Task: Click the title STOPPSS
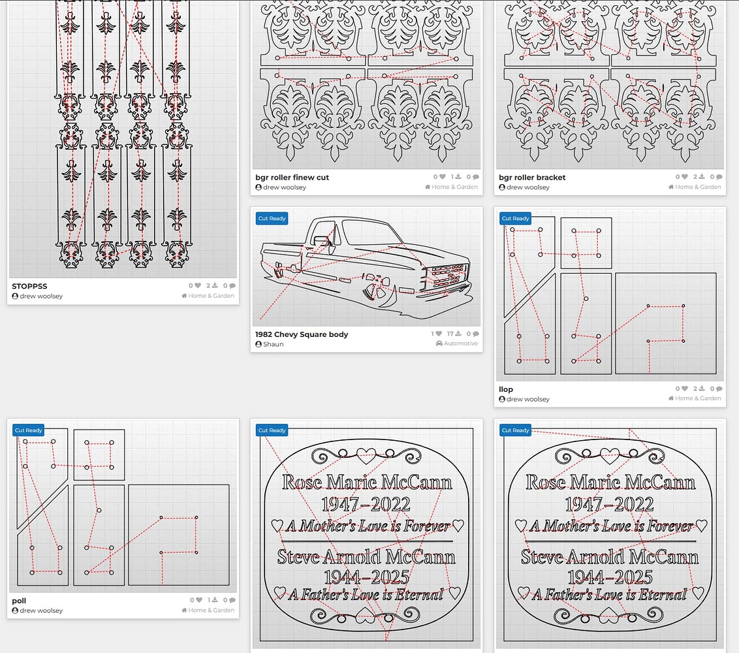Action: point(29,286)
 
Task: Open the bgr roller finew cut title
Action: point(292,178)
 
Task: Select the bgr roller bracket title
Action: point(532,178)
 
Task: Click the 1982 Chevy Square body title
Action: point(302,334)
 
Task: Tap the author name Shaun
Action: point(273,344)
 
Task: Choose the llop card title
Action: point(506,389)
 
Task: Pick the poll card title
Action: point(19,601)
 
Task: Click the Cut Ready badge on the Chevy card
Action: point(272,218)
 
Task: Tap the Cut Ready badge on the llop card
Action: point(515,218)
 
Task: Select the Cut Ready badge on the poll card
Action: point(29,430)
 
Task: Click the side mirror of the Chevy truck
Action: point(322,240)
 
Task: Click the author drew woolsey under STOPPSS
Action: point(40,296)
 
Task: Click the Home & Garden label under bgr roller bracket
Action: point(698,187)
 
